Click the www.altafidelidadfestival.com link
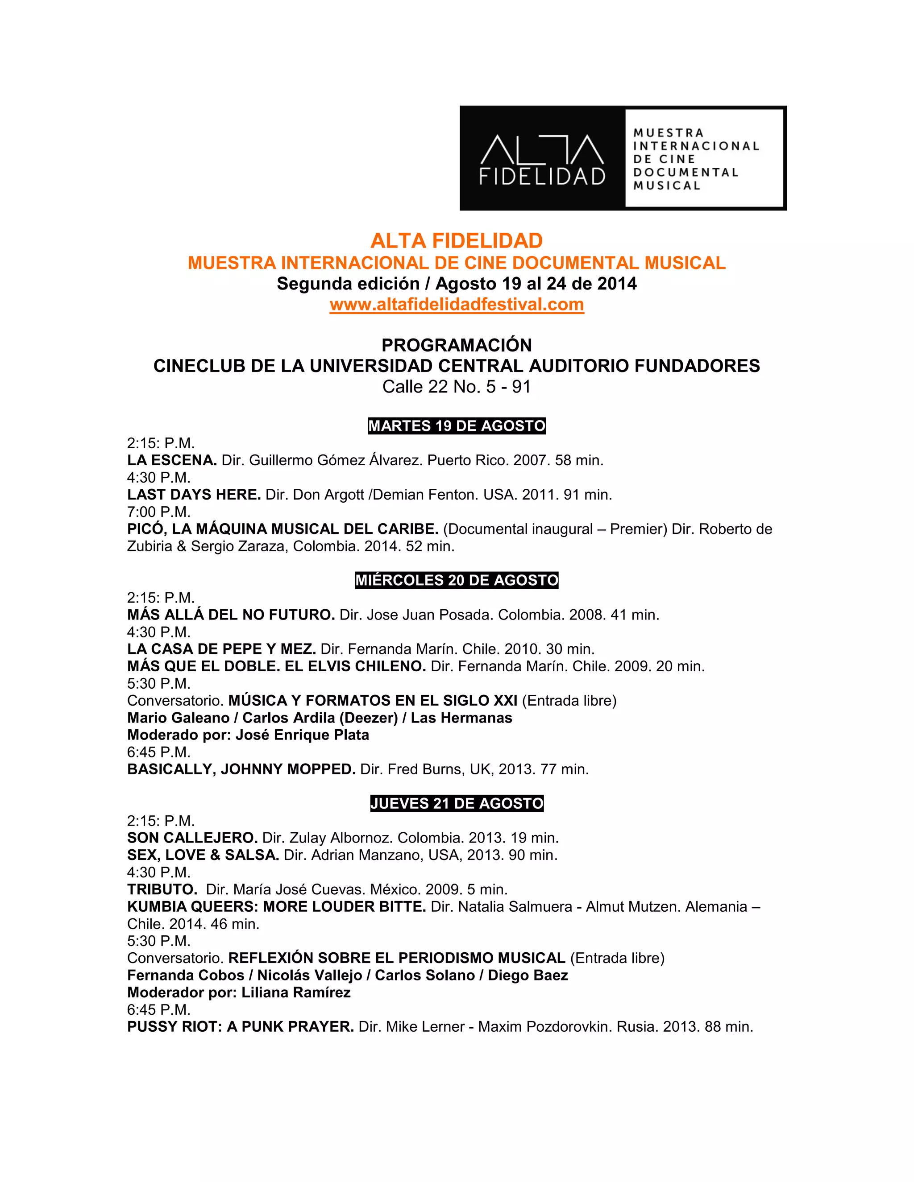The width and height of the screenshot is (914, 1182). click(457, 305)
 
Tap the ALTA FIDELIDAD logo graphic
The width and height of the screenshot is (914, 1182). click(623, 158)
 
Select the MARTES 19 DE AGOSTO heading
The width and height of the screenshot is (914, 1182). click(457, 426)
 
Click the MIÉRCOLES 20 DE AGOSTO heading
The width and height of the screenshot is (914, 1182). click(457, 580)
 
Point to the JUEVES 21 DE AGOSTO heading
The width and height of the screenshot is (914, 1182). click(457, 803)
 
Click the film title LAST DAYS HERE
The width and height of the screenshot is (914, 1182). click(194, 495)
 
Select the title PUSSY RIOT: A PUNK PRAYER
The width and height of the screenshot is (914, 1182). click(241, 1027)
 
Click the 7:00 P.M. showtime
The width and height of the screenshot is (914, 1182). click(158, 512)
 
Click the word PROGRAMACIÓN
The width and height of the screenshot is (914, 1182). click(457, 345)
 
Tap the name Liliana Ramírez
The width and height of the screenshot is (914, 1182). click(296, 992)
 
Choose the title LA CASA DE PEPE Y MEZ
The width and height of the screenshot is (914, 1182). click(221, 649)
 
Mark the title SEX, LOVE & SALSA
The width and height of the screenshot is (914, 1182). click(203, 855)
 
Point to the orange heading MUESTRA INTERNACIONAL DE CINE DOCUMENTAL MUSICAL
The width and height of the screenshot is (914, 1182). click(457, 263)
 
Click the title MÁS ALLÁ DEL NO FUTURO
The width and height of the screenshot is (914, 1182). click(231, 615)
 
